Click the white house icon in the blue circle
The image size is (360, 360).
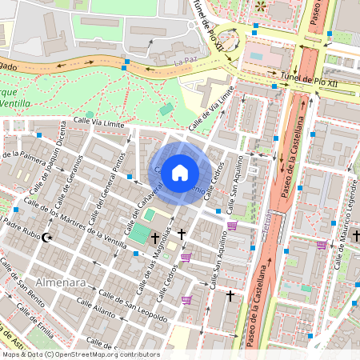point(180,172)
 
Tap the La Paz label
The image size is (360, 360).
point(185,60)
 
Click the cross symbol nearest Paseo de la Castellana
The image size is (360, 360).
point(230,296)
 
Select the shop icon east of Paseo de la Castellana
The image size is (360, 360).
point(322,245)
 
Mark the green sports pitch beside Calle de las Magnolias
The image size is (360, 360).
point(138,234)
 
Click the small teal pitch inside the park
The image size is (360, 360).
point(166,109)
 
